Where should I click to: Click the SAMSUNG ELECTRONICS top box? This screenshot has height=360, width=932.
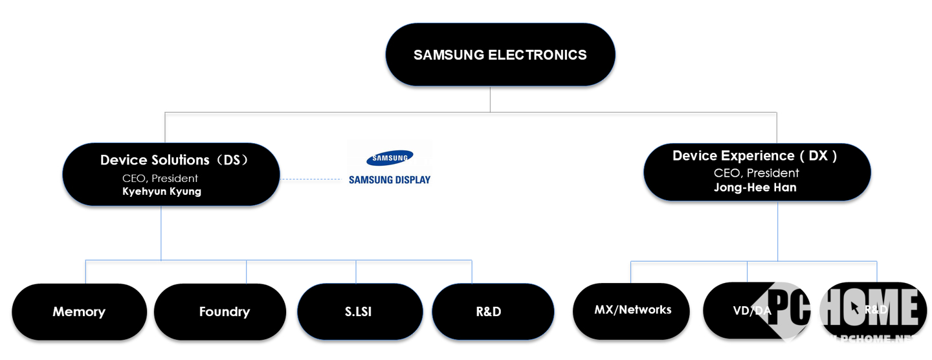pyautogui.click(x=500, y=54)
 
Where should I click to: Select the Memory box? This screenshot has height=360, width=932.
pyautogui.click(x=79, y=311)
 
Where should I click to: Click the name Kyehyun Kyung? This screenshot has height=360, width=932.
pyautogui.click(x=162, y=192)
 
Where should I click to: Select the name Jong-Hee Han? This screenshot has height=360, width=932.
pyautogui.click(x=755, y=188)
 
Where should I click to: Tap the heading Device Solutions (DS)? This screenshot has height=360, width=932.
pyautogui.click(x=174, y=160)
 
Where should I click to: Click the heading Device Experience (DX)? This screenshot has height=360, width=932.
pyautogui.click(x=755, y=155)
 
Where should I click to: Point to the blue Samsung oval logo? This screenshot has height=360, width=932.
pyautogui.click(x=390, y=157)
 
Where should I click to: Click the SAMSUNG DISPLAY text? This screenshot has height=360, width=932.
pyautogui.click(x=390, y=180)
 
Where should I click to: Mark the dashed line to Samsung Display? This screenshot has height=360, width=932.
pyautogui.click(x=311, y=179)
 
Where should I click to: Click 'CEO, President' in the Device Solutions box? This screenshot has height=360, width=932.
pyautogui.click(x=160, y=178)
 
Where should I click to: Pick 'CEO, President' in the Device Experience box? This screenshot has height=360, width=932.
pyautogui.click(x=756, y=173)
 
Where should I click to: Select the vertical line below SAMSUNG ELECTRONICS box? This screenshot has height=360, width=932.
pyautogui.click(x=490, y=99)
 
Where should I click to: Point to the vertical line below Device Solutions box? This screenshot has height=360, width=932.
pyautogui.click(x=161, y=233)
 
